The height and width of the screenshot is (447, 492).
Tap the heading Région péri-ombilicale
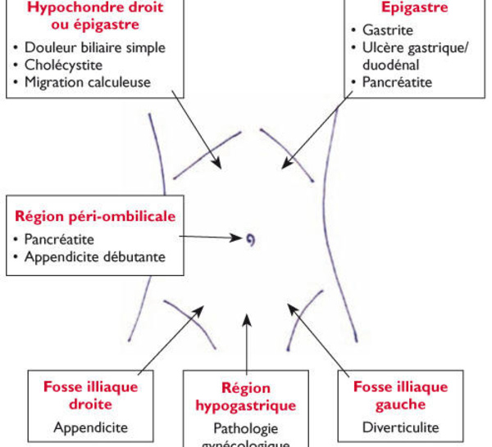point(95,217)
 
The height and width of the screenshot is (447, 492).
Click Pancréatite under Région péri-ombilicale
point(59,240)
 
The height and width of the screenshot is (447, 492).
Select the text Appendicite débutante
point(94,257)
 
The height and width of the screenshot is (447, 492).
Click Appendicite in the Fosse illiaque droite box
point(91,427)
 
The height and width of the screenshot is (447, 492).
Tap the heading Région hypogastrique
point(246,396)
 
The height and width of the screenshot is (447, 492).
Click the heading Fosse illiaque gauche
point(400,395)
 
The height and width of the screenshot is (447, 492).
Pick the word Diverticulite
point(400,427)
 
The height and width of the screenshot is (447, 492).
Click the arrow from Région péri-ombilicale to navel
point(209,238)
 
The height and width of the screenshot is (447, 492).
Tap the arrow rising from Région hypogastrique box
point(247,344)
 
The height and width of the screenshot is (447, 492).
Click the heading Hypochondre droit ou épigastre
point(96,15)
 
